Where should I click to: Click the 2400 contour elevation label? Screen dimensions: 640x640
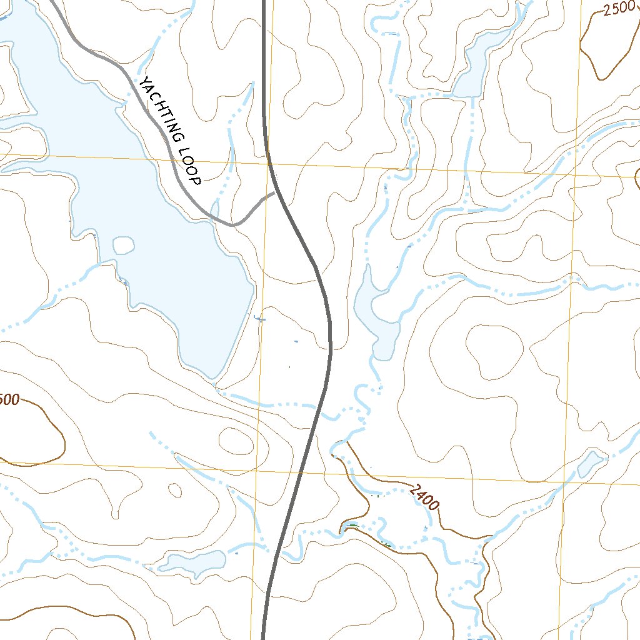click(x=426, y=497)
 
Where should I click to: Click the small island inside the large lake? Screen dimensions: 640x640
click(x=124, y=245)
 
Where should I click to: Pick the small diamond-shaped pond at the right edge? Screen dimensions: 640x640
click(x=590, y=463)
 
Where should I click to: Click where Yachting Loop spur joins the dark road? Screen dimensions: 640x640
click(x=275, y=193)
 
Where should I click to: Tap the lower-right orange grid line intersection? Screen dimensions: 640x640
click(x=564, y=483)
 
